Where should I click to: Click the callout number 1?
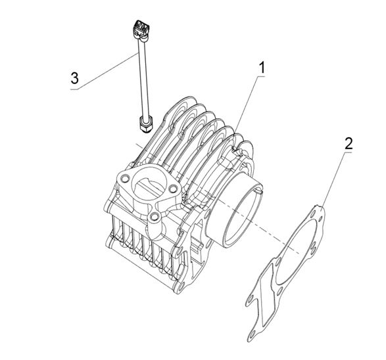pyautogui.click(x=262, y=68)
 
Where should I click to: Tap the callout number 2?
pyautogui.click(x=349, y=144)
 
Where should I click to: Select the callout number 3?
pyautogui.click(x=74, y=78)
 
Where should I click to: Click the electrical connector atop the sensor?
pyautogui.click(x=141, y=30)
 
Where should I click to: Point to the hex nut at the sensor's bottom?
pyautogui.click(x=146, y=124)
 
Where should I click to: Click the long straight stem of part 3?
pyautogui.click(x=143, y=79)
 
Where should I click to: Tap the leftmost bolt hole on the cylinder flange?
pyautogui.click(x=125, y=178)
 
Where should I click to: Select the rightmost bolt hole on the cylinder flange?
pyautogui.click(x=173, y=189)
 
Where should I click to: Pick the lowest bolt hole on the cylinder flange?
pyautogui.click(x=155, y=217)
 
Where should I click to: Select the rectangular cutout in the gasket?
pyautogui.click(x=266, y=294)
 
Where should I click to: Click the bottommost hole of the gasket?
pyautogui.click(x=252, y=334)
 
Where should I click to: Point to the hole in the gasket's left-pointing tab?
pyautogui.click(x=250, y=300)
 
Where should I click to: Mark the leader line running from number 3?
pyautogui.click(x=103, y=72)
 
